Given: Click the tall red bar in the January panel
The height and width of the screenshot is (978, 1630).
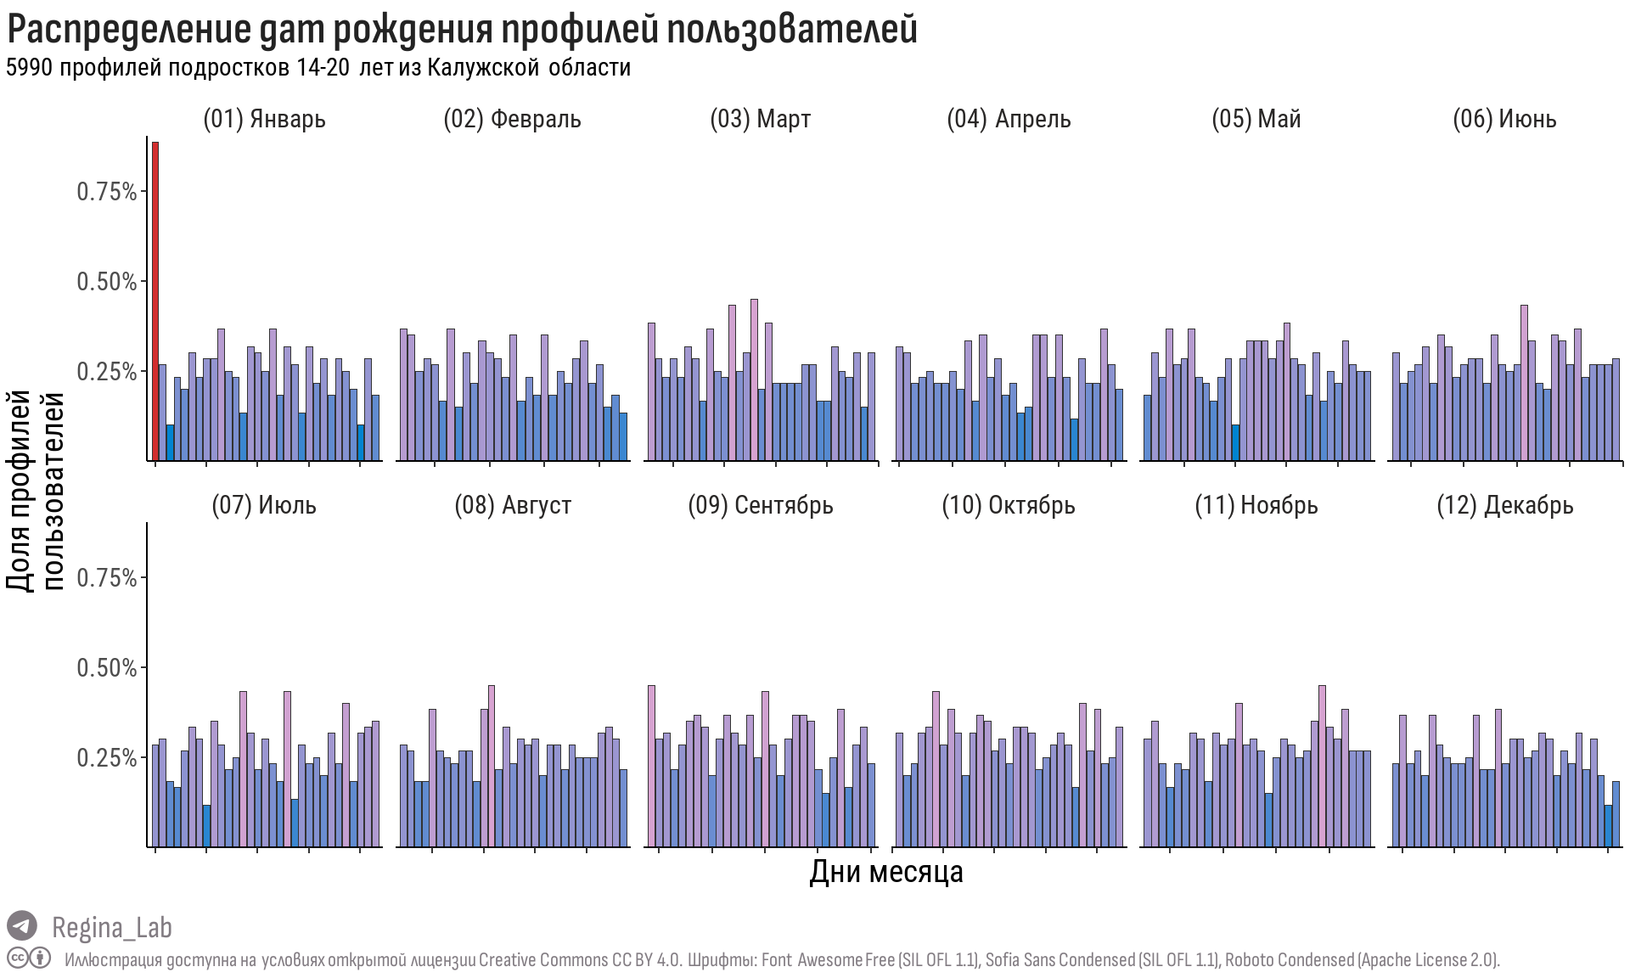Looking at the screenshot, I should (x=155, y=301).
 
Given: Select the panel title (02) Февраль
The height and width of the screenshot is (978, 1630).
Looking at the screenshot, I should (x=512, y=119).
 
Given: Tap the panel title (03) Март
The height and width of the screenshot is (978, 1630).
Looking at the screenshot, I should (x=760, y=119).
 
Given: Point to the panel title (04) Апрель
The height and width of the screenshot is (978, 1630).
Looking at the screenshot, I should (x=1009, y=119).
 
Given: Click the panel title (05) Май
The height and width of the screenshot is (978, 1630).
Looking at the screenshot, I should (x=1256, y=119).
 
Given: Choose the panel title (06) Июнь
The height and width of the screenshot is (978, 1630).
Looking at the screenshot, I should (x=1504, y=119).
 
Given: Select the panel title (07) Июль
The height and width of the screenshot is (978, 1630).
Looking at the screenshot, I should (x=264, y=505).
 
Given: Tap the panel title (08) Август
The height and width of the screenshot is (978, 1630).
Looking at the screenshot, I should (x=513, y=505).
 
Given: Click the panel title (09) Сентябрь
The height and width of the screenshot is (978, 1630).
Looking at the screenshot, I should (x=761, y=505).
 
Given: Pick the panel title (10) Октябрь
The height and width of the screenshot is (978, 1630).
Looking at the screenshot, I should (x=1009, y=505).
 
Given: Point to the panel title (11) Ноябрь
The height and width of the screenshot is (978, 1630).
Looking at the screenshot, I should (x=1256, y=505).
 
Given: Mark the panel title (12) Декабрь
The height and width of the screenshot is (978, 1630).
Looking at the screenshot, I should (x=1504, y=505).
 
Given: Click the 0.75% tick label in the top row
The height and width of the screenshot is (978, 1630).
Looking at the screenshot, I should (x=107, y=192).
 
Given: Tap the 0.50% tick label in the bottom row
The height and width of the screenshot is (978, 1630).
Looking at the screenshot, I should (x=107, y=668).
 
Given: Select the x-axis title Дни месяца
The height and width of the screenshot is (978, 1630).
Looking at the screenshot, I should (x=885, y=872).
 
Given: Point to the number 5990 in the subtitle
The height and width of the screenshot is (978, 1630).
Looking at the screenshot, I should (x=30, y=68).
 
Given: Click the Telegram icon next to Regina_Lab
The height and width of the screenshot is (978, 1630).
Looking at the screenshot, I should (x=22, y=926).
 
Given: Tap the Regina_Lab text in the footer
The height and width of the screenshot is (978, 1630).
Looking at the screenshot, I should (x=112, y=927).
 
